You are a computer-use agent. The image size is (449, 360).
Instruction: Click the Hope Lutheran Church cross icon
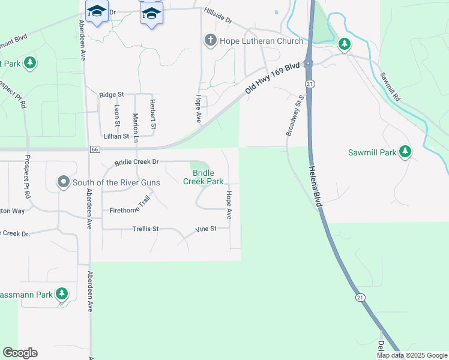click(210, 41)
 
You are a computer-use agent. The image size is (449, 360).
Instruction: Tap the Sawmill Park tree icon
click(406, 152)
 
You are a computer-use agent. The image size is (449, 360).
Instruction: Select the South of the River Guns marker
click(64, 182)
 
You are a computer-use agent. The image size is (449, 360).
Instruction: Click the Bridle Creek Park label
click(203, 177)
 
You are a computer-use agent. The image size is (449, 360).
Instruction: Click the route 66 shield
click(95, 149)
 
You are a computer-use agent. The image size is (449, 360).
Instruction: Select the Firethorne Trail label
click(130, 207)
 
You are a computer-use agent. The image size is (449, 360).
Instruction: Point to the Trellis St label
click(145, 229)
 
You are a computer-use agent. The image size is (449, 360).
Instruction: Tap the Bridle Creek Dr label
click(136, 162)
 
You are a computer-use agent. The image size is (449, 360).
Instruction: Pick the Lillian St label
click(117, 136)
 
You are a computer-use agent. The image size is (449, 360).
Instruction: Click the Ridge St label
click(112, 94)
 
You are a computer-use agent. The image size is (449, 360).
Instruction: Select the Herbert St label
click(153, 114)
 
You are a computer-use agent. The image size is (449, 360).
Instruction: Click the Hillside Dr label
click(218, 16)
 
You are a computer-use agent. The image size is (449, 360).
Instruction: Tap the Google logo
click(20, 353)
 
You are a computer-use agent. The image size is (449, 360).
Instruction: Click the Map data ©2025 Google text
click(412, 355)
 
